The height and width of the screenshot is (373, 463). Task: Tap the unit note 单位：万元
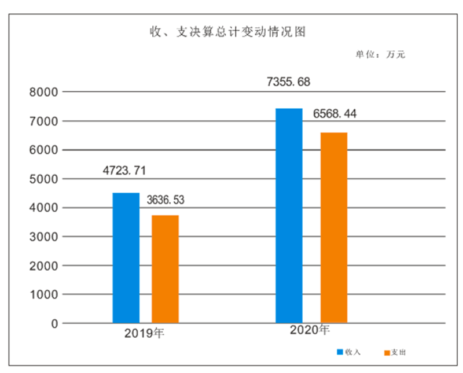coord(380,55)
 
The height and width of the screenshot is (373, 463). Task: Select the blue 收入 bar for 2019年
coord(126,257)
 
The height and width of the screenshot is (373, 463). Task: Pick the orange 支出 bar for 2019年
coord(165,269)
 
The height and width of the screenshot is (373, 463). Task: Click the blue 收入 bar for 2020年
coord(289,215)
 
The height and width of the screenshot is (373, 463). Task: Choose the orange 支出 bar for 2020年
coord(334,227)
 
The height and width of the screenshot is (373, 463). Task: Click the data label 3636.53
coord(170,200)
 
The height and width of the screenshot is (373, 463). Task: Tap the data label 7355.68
coord(288,82)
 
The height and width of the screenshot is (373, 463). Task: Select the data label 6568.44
coord(335,114)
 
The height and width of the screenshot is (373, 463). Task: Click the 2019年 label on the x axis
coord(145,334)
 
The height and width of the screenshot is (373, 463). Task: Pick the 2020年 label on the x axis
coord(310,331)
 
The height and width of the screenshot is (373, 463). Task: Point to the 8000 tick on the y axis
coord(44,93)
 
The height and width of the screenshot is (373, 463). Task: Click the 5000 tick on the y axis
coord(44,179)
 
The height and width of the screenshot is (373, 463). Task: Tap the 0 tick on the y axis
coord(54,324)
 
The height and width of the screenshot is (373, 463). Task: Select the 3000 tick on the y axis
coord(44,237)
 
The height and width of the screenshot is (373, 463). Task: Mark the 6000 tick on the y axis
coord(44,150)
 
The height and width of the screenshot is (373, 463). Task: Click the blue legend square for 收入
coord(340,352)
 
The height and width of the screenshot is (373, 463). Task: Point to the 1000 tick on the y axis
coord(44,295)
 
